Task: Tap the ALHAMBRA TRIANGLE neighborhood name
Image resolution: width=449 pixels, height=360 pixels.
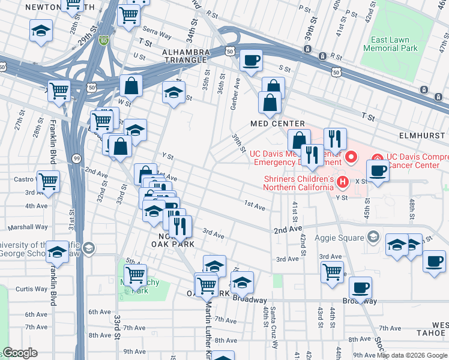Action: (x=185, y=57)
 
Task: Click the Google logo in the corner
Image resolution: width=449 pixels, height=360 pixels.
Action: (x=20, y=353)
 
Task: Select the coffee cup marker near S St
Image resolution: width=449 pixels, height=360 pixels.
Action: (x=251, y=60)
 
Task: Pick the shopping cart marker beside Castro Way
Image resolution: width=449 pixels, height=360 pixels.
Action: (x=48, y=180)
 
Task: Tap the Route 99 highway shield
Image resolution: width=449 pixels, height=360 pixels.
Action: (x=77, y=158)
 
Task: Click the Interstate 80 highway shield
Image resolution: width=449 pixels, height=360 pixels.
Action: (x=104, y=41)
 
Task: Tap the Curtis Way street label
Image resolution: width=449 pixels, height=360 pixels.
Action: (x=31, y=289)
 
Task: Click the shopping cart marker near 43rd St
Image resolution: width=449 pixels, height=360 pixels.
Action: (x=332, y=271)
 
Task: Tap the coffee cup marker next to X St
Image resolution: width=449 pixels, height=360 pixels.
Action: (x=378, y=170)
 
